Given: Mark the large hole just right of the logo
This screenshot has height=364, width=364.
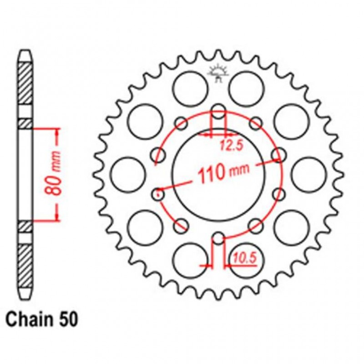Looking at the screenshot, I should click(x=246, y=88).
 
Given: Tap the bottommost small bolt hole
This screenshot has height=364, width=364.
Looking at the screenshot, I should click(x=219, y=238).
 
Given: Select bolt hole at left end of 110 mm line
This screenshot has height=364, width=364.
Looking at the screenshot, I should click(x=159, y=194).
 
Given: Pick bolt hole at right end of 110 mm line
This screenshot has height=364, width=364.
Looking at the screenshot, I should click(x=277, y=156).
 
